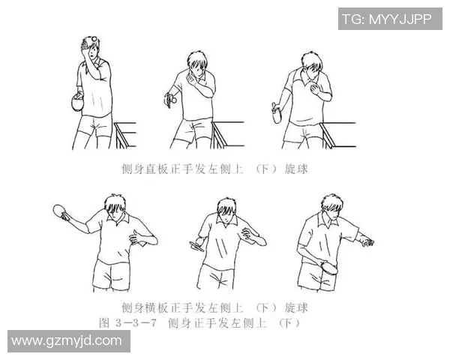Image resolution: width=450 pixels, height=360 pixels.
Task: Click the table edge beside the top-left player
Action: [x=124, y=127]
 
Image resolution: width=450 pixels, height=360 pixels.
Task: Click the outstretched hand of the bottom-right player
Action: [x=365, y=241]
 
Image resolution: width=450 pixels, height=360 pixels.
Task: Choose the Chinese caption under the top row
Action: [x=214, y=169]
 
